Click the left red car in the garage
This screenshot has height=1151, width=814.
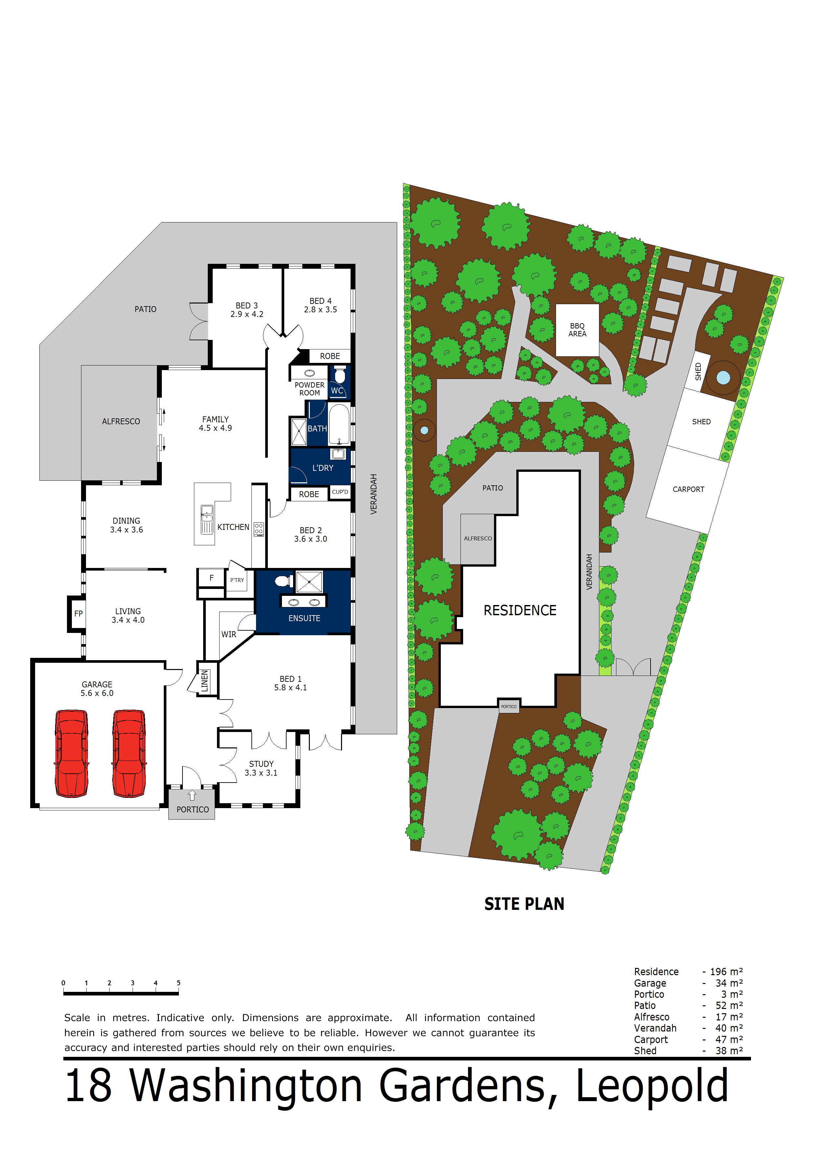[72, 753]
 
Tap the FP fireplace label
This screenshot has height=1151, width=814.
[78, 614]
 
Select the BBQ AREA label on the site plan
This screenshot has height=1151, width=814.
[577, 330]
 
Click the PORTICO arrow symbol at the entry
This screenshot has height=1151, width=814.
[192, 796]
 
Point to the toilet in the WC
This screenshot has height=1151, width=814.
[340, 374]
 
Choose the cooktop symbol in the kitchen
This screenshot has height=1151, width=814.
[259, 528]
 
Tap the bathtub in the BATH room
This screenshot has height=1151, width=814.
[339, 424]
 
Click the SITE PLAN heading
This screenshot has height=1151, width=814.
[524, 904]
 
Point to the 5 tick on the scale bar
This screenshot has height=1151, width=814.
[179, 983]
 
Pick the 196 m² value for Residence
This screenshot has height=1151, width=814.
[726, 972]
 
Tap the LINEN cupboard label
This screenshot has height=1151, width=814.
[204, 681]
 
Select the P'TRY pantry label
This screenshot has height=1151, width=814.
[237, 580]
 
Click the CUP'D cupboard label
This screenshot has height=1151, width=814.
[340, 492]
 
